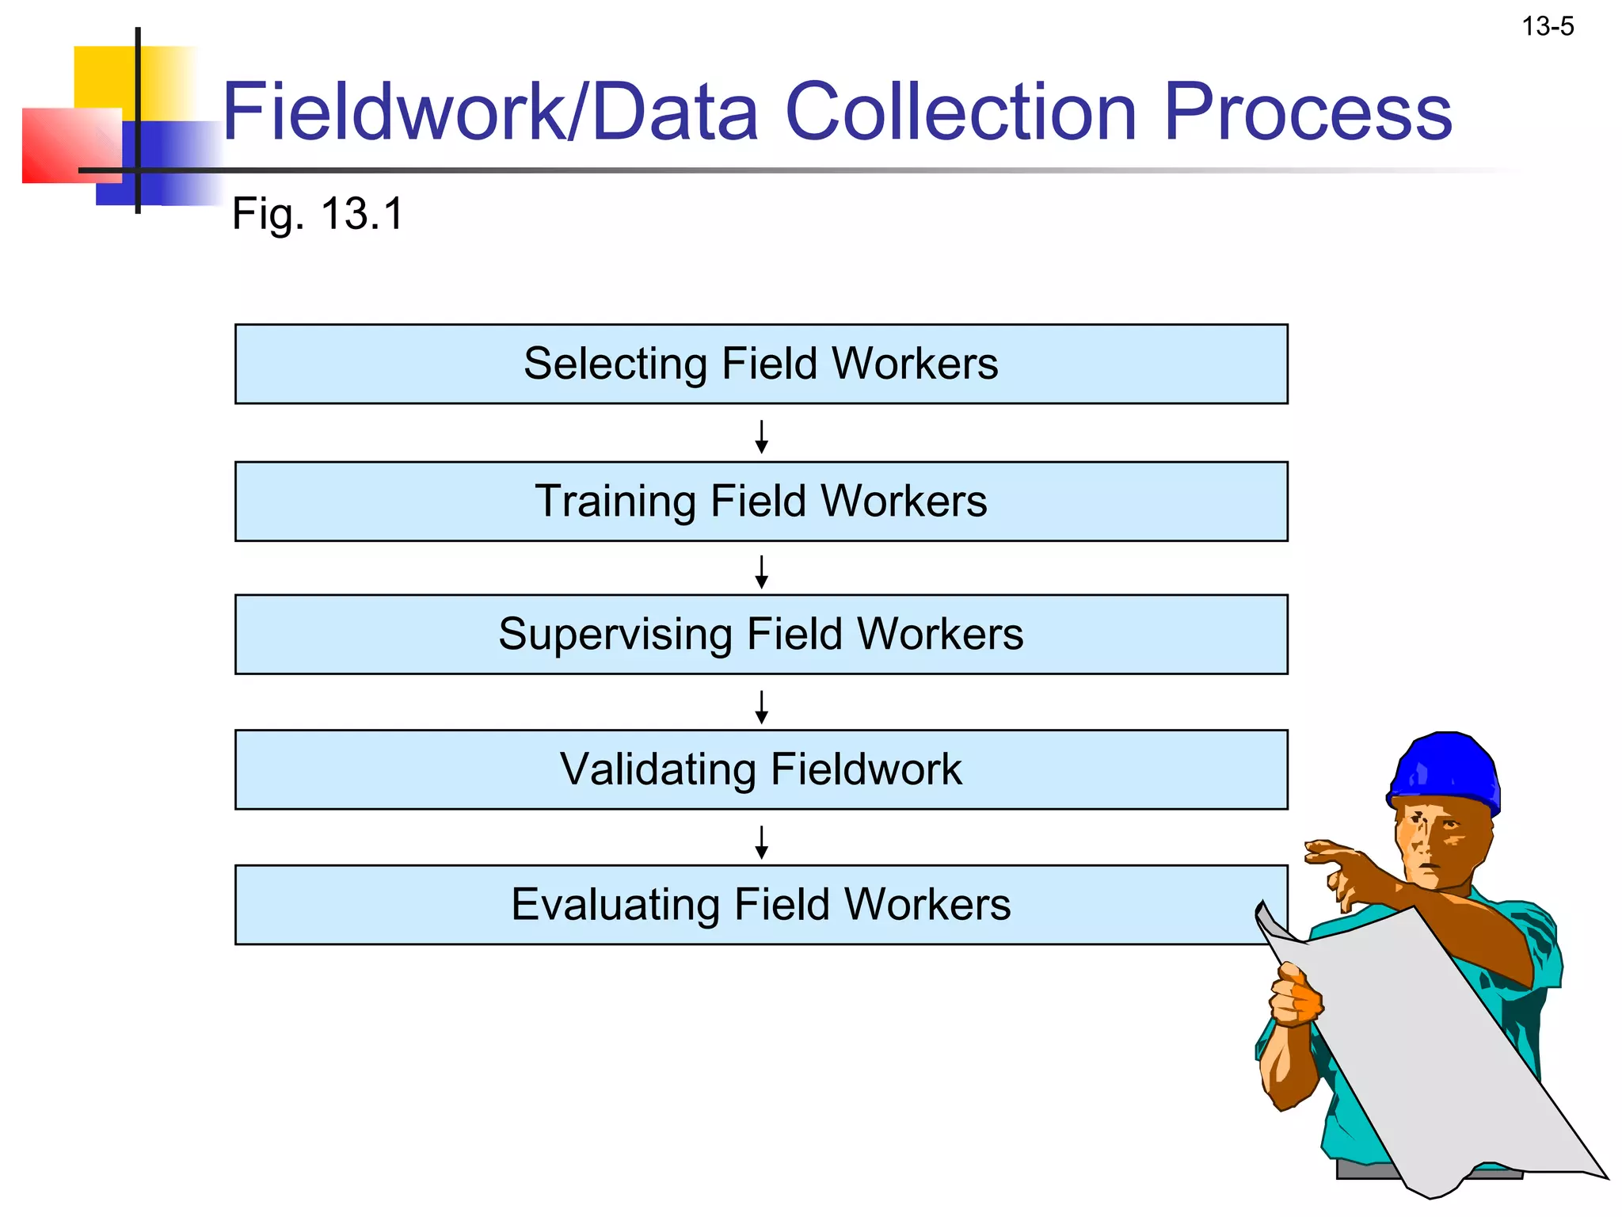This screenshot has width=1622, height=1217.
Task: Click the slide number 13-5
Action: click(x=1548, y=27)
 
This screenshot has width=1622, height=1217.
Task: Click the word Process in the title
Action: click(x=1308, y=113)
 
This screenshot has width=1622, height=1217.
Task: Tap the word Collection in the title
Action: click(x=961, y=113)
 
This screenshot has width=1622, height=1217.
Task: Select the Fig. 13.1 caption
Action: click(x=318, y=214)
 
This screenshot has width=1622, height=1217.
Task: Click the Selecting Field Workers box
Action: click(x=760, y=364)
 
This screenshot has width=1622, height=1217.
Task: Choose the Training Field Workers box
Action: click(x=760, y=502)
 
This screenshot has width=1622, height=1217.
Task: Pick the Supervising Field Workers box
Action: click(x=760, y=635)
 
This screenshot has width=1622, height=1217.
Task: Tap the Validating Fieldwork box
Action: click(x=760, y=769)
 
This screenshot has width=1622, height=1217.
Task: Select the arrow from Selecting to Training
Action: click(x=761, y=437)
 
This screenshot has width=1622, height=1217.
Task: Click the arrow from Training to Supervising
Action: click(x=761, y=571)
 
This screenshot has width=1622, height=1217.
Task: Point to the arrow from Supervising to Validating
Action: click(x=761, y=707)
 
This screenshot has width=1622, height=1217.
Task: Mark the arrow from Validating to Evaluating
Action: click(x=761, y=842)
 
